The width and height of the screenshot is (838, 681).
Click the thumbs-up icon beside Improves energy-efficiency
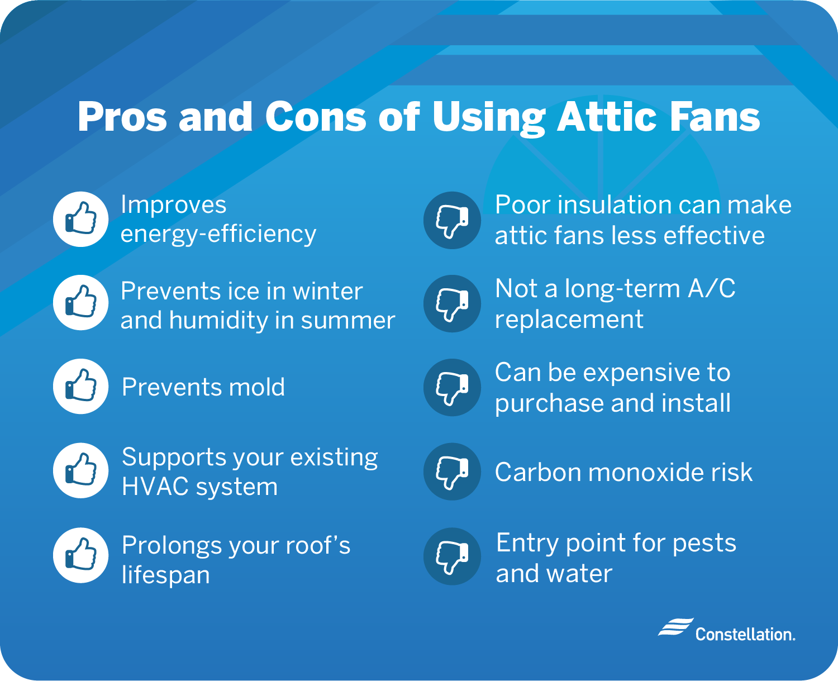tap(81, 219)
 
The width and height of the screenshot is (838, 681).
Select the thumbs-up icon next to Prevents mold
tap(81, 387)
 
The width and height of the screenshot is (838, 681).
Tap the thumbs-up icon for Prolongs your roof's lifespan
tap(81, 555)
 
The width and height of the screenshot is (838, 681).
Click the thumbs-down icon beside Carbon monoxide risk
tap(452, 472)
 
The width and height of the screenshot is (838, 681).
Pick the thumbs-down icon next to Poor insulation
tap(452, 220)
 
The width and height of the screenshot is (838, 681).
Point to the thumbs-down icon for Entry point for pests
tap(452, 556)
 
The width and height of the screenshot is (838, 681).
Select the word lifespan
tap(165, 575)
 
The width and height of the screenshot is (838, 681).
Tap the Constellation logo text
tap(745, 635)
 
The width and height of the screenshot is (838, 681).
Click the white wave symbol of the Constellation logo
tap(675, 627)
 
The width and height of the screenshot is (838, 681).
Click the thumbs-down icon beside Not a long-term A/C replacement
tap(452, 304)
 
